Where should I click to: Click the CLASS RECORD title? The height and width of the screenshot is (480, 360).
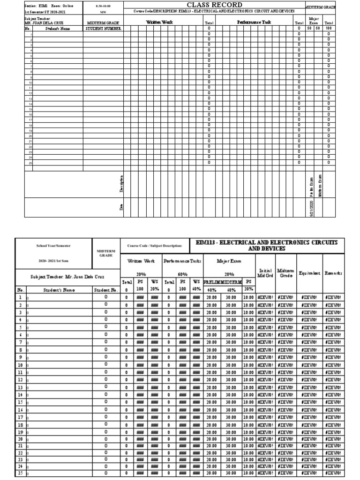(x=208, y=5)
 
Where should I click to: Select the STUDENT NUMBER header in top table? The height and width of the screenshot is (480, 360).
(x=103, y=28)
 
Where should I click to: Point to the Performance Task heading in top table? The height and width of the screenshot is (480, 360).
(x=254, y=22)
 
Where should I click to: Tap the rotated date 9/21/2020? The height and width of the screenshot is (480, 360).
(x=311, y=206)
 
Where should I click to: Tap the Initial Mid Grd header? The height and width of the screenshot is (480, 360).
(x=265, y=272)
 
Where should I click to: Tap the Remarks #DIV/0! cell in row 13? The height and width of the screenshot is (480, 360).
(x=332, y=388)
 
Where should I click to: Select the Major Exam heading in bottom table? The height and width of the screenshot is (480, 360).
(x=228, y=261)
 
